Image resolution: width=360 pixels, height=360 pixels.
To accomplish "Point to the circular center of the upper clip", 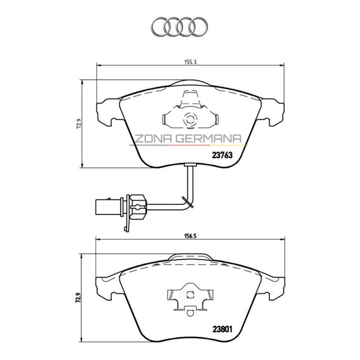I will coord(190,120).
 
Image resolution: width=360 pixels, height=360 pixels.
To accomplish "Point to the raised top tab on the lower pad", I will coord(190,256).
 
